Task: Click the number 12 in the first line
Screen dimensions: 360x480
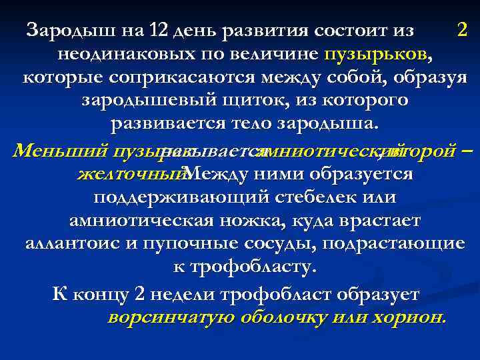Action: click(159, 30)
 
